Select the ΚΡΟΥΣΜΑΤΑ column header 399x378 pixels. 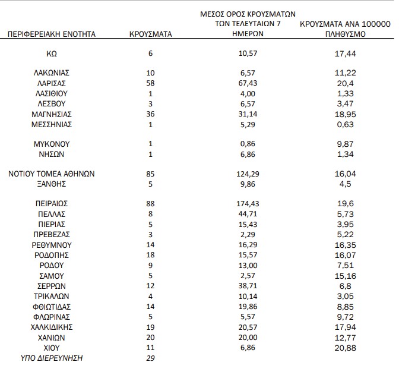(x=150, y=34)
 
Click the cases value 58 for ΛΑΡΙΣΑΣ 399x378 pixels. (x=150, y=83)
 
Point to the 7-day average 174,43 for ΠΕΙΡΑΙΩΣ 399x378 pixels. (x=245, y=203)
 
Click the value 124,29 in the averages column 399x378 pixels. (x=245, y=174)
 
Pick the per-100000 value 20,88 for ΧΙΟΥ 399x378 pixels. (x=345, y=348)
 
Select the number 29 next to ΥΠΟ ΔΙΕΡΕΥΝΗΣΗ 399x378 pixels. (x=150, y=358)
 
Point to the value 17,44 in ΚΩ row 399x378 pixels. (x=345, y=53)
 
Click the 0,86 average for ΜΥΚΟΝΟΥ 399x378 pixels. (x=245, y=144)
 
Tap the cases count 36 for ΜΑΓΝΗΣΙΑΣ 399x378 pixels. (x=150, y=114)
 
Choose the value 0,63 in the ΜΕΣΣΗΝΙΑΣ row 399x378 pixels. (x=345, y=124)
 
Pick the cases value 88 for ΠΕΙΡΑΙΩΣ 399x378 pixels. (x=150, y=203)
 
